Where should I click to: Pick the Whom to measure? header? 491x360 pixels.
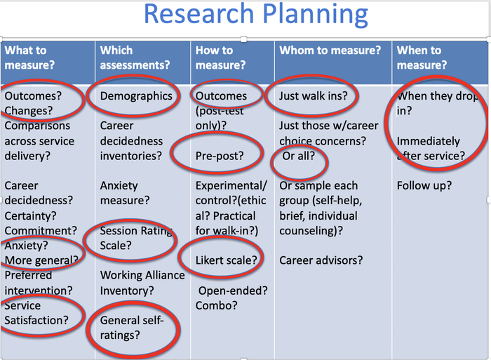coord(330,51)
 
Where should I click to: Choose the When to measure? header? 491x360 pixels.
coord(422,58)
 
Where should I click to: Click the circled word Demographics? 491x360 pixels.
coord(136,96)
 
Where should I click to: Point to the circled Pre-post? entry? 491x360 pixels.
coord(220,156)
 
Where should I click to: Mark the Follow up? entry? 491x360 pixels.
coord(424,186)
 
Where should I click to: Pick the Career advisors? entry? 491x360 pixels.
coord(321,260)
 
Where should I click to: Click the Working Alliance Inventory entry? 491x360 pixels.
coord(142,282)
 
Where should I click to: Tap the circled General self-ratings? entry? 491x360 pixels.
coord(131,327)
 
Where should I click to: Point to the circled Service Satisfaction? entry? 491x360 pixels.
coord(36,313)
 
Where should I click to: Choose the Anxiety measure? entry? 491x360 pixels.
coord(125,193)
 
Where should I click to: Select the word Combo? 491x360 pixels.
coord(217,305)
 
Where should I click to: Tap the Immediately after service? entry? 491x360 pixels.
coord(430,148)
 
